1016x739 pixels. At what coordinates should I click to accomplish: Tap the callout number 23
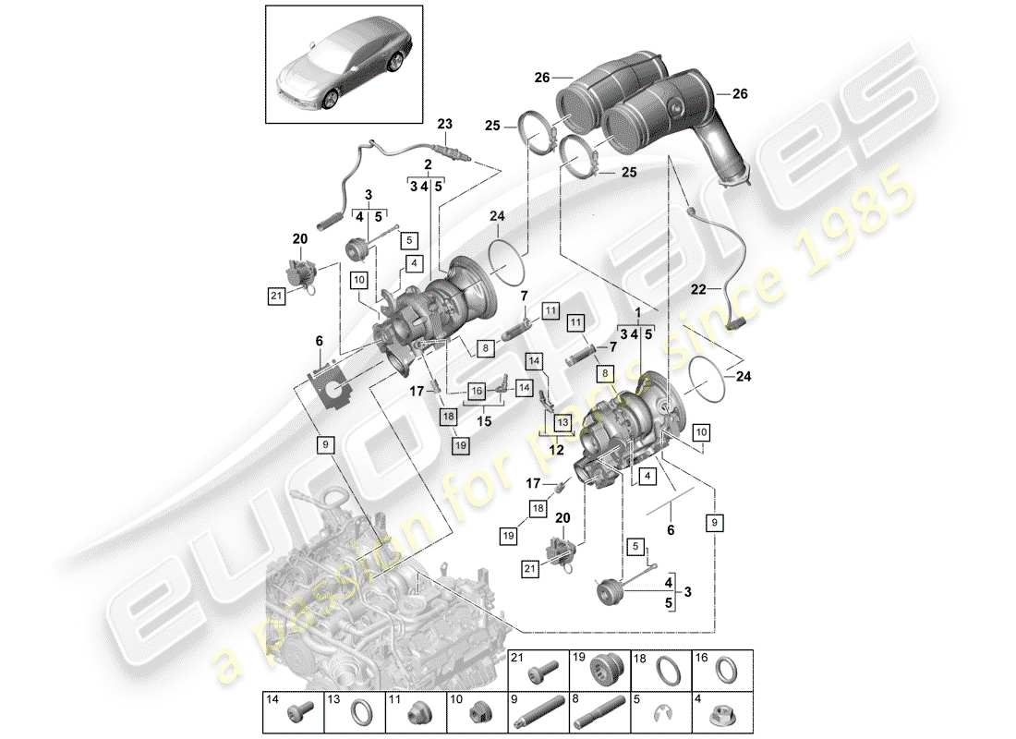click(446, 124)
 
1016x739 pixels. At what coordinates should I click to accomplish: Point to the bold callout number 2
click(428, 164)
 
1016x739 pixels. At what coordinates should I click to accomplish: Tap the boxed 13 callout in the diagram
click(562, 420)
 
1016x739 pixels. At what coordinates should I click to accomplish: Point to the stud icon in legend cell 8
click(600, 713)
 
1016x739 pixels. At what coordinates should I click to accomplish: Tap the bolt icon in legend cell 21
click(541, 668)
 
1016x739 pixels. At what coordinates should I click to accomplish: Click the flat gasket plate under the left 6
click(333, 385)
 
